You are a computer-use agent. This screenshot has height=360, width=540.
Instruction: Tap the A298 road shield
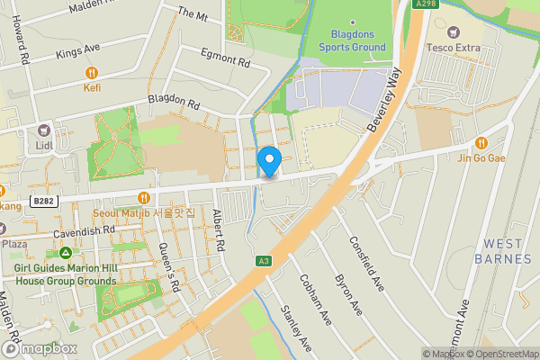click(x=427, y=4)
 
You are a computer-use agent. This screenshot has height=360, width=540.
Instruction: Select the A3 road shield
click(x=264, y=261)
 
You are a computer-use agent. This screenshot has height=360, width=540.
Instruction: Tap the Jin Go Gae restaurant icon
click(x=481, y=142)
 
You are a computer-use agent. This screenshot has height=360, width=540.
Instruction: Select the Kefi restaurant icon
click(x=91, y=72)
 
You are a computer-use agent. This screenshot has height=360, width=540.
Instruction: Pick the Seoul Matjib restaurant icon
click(x=142, y=198)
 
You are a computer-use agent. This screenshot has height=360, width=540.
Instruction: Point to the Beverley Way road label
click(x=382, y=103)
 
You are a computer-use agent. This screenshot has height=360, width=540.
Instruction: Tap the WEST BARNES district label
click(x=508, y=251)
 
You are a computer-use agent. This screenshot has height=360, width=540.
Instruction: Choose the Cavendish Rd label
click(x=84, y=230)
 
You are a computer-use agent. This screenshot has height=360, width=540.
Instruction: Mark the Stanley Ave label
click(x=296, y=328)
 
